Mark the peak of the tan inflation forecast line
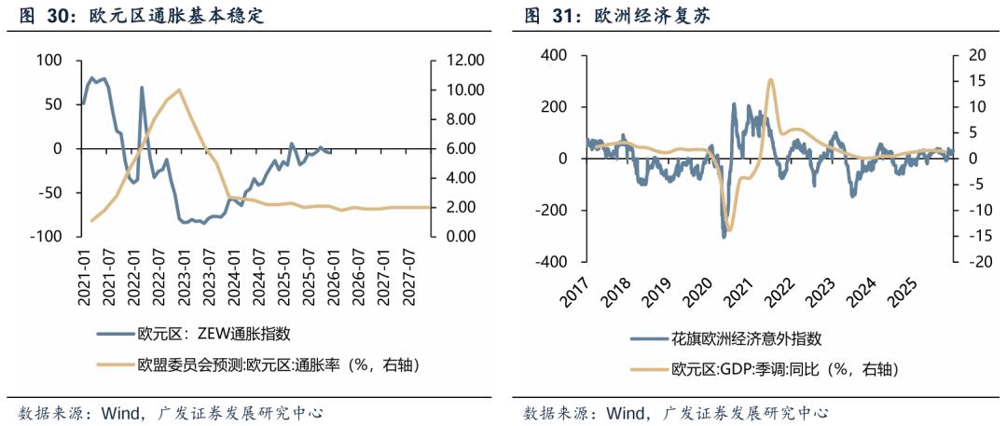pos(178,90)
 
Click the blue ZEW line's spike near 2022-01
pos(142,88)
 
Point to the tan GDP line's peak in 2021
pos(770,79)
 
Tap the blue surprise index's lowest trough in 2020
pos(724,236)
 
